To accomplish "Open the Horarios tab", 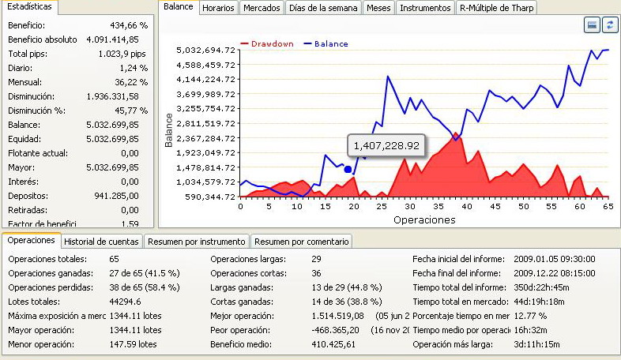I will tap(218, 8).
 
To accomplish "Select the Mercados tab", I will tap(261, 8).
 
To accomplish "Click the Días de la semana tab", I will tap(322, 8).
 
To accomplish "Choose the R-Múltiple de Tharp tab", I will tap(498, 8).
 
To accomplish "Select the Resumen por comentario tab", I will tap(300, 241).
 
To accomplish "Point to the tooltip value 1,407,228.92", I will tap(386, 145).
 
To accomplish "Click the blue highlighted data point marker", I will tap(348, 169).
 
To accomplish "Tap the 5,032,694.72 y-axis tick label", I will tap(205, 50).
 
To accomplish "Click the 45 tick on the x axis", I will tap(493, 206).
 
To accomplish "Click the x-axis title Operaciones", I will tap(423, 219).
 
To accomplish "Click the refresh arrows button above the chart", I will tap(609, 25).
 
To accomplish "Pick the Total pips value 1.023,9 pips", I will tap(120, 54).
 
